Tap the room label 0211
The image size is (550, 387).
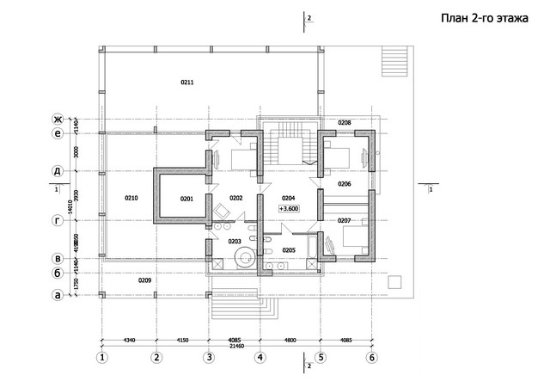coord(186,82)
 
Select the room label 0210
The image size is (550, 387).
coord(131,199)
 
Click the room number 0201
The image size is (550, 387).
coord(186,199)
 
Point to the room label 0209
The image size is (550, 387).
coord(145,280)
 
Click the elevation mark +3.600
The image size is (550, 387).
coord(289,209)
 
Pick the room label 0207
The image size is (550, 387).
coord(344,221)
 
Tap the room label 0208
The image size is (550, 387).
coord(345,123)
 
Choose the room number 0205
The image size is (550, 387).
coord(289,250)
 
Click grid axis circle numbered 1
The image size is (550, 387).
coord(102,357)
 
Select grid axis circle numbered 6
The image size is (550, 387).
coord(372,357)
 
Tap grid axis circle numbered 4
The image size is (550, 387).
coord(259,357)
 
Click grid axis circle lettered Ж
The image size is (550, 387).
coord(58,119)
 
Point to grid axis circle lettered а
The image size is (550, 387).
coord(58,295)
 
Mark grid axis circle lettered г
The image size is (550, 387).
coord(58,221)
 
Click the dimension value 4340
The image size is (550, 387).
coord(129,340)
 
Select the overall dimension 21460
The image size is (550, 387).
coord(235,346)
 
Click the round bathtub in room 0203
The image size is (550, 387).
coord(245,255)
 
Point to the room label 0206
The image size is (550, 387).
coord(344,184)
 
